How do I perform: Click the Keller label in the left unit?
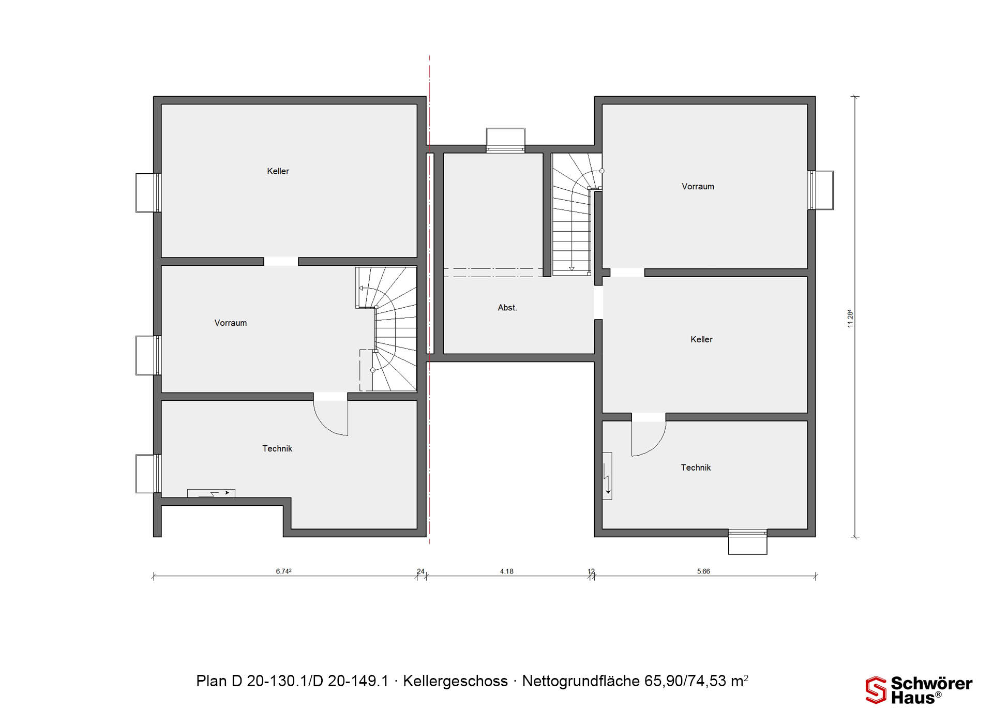pyautogui.click(x=278, y=171)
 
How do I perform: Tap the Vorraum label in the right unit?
pyautogui.click(x=698, y=187)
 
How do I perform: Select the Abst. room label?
pyautogui.click(x=507, y=308)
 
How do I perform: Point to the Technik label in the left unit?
pyautogui.click(x=277, y=449)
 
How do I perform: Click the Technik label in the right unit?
pyautogui.click(x=696, y=468)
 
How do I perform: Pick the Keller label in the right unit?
pyautogui.click(x=701, y=340)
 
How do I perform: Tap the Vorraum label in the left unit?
pyautogui.click(x=231, y=323)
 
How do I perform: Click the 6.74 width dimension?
pyautogui.click(x=283, y=571)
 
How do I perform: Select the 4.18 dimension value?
pyautogui.click(x=507, y=571)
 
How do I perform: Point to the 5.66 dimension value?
pyautogui.click(x=703, y=571)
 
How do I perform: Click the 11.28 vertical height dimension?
pyautogui.click(x=850, y=318)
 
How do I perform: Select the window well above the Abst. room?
pyautogui.click(x=505, y=140)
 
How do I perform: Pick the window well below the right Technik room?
pyautogui.click(x=747, y=542)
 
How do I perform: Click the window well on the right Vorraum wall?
pyautogui.click(x=821, y=190)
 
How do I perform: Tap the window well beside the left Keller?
pyautogui.click(x=148, y=193)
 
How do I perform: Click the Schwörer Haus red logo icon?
pyautogui.click(x=876, y=690)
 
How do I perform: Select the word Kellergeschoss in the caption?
pyautogui.click(x=455, y=681)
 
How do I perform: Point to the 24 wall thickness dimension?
pyautogui.click(x=420, y=571)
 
